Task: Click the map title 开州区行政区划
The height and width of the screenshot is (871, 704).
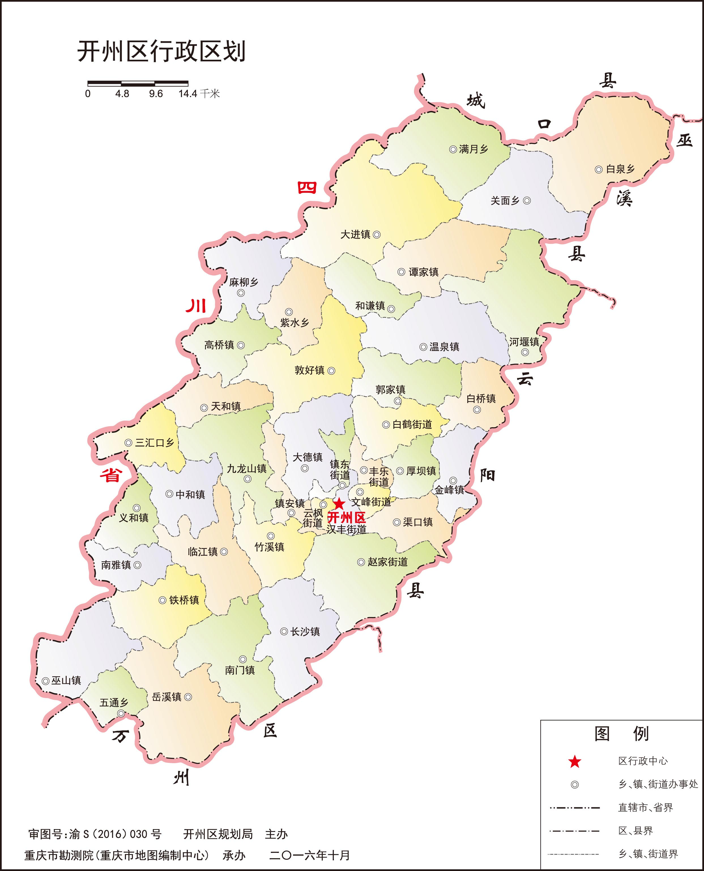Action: [161, 52]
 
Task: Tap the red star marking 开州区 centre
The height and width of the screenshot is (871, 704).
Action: [339, 504]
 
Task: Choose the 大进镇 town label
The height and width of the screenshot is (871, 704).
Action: [355, 234]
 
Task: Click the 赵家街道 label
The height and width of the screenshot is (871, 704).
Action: [388, 562]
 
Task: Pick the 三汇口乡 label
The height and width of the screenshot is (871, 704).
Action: [155, 443]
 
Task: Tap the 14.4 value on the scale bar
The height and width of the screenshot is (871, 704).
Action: [188, 94]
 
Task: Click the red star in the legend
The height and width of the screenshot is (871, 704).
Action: [575, 762]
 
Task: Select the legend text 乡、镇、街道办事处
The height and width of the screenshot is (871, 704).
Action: [658, 784]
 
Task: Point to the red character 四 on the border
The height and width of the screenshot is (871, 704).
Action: [307, 187]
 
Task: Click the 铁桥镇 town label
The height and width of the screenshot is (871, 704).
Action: [184, 600]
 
